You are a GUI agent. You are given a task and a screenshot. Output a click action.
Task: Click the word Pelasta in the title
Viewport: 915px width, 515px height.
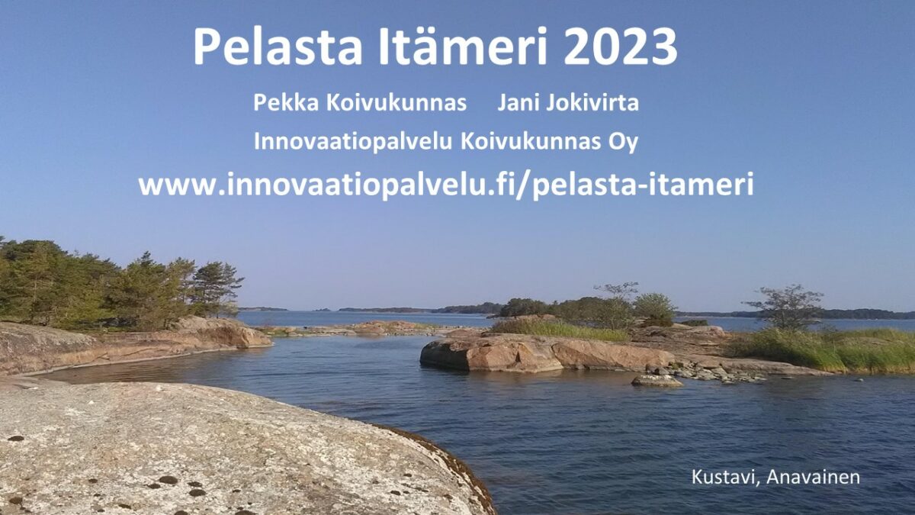(278, 46)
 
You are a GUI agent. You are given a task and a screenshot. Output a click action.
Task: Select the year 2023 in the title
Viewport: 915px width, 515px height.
(621, 47)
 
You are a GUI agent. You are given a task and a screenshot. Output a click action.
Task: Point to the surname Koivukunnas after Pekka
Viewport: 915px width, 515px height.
(396, 102)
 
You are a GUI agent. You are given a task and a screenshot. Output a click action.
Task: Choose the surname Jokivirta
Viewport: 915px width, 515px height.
(592, 103)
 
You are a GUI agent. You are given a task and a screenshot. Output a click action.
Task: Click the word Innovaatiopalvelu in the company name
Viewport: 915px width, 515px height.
(353, 142)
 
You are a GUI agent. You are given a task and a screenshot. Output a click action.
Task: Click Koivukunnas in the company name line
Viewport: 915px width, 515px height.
(531, 141)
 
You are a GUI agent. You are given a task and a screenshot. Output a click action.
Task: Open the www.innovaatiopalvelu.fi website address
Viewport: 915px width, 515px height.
(446, 185)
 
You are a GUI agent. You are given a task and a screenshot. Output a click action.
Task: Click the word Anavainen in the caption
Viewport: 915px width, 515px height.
(813, 477)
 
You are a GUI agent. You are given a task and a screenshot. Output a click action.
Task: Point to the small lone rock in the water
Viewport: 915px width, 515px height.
(657, 381)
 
